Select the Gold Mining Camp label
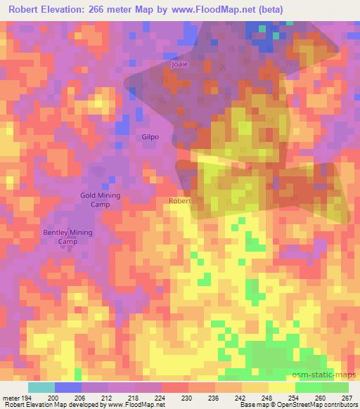pos(101,200)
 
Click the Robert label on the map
pos(179,200)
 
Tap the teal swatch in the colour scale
pos(41,387)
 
